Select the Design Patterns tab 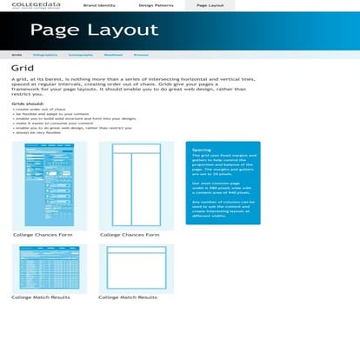(156, 5)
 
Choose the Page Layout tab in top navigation (210, 5)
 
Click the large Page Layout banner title (94, 30)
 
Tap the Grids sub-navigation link (17, 54)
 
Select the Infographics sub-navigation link (45, 54)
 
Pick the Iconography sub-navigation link (80, 54)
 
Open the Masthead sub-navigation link (113, 54)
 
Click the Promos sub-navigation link (141, 54)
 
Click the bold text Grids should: (25, 103)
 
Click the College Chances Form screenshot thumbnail (49, 184)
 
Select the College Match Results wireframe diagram (136, 267)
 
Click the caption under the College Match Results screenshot (41, 297)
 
